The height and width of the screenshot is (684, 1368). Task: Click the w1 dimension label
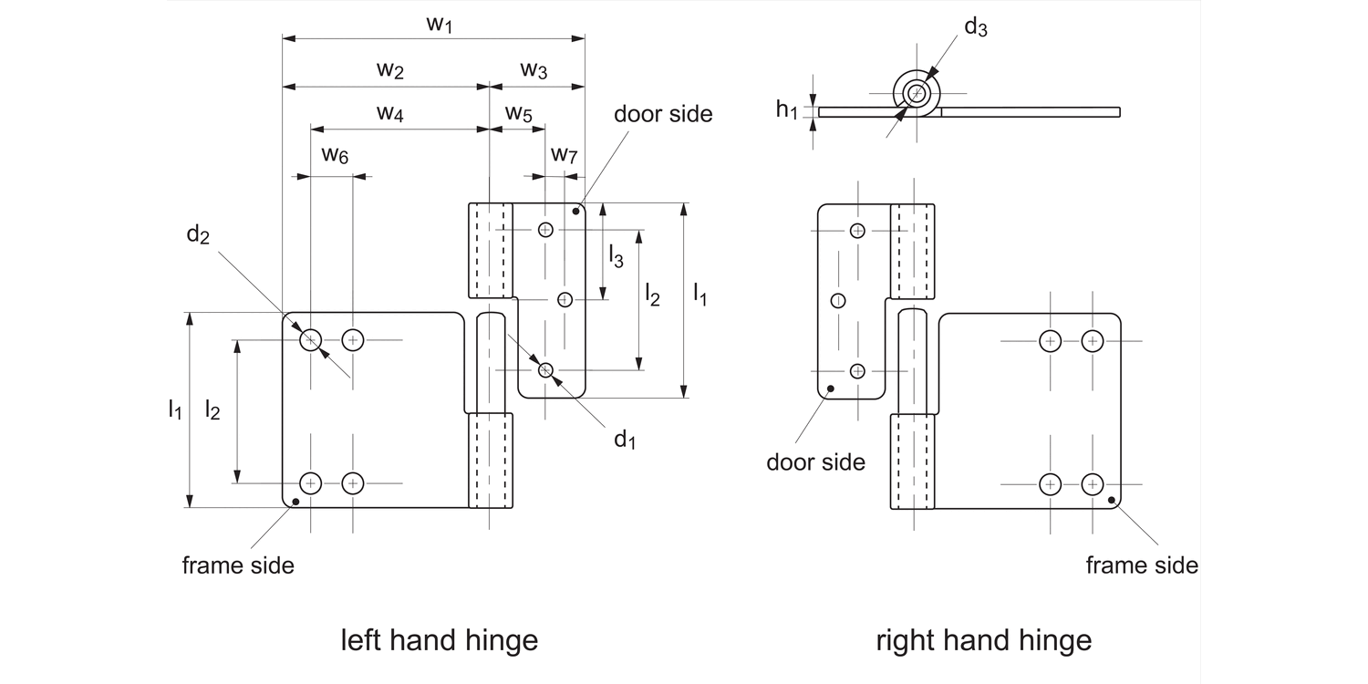pos(440,25)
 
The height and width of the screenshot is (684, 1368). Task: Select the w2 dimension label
pos(389,70)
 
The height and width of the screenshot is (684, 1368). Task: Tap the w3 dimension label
pos(534,70)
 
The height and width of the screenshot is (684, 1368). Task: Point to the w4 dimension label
pos(389,114)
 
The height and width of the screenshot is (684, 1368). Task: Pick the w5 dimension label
pos(518,114)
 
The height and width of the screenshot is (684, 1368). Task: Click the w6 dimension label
pos(334,155)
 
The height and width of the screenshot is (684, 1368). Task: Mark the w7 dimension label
pos(564,155)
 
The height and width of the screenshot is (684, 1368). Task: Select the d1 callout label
pos(624,440)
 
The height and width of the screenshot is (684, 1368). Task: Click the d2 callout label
pos(198,235)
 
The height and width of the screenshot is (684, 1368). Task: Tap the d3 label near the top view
pos(976,27)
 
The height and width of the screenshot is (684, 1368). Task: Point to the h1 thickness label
pos(787,110)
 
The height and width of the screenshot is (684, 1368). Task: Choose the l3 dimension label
pos(617,257)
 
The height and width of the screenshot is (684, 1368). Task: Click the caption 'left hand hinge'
pos(439,640)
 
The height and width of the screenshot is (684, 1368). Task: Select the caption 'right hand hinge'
pos(983,640)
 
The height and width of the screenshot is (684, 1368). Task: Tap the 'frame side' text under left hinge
pos(238,565)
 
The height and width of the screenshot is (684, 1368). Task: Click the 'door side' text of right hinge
pos(815,461)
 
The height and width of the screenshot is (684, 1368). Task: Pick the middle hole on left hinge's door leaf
pos(565,299)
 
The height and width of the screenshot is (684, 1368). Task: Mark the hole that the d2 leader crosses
pos(311,340)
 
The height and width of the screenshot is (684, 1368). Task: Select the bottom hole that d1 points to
pos(545,369)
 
